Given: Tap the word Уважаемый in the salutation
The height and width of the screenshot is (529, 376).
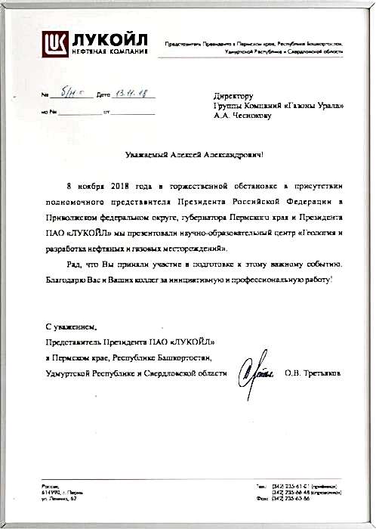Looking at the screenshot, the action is (x=146, y=154).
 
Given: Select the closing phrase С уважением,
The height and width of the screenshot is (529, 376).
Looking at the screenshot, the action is (x=70, y=327).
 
